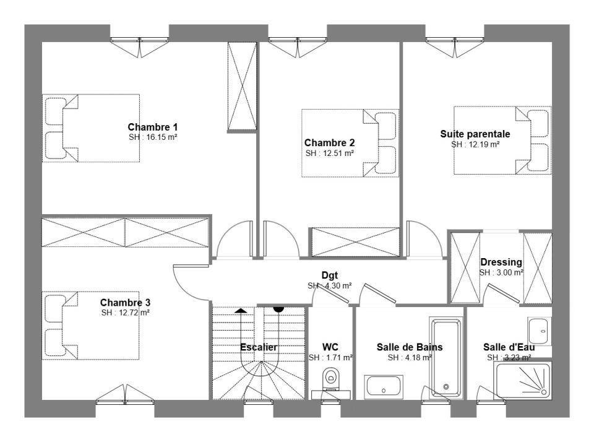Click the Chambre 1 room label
tap(152, 127)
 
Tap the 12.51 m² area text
tap(338, 153)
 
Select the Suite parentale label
tap(475, 134)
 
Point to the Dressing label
tap(501, 262)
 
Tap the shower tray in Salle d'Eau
tap(523, 380)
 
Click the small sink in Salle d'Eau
tap(540, 331)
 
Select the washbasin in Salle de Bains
tap(384, 387)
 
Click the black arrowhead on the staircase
tap(241, 311)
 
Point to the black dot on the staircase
tap(278, 309)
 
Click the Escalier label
tap(259, 347)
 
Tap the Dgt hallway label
tap(330, 275)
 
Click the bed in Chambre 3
tap(90, 326)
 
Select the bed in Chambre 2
tap(350, 143)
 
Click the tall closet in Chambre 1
tap(242, 87)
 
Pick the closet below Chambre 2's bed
tap(355, 242)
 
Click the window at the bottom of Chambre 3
tap(125, 396)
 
